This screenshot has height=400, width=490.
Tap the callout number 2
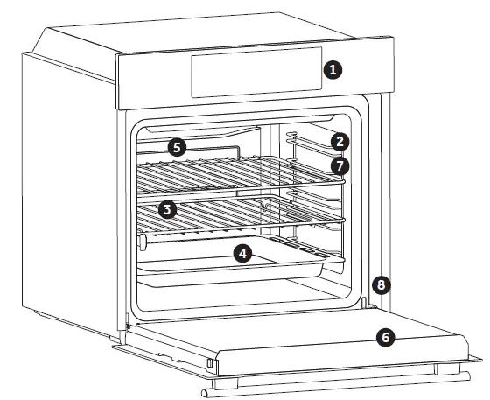341,141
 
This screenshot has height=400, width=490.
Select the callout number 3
168,209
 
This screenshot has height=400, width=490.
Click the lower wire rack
236,215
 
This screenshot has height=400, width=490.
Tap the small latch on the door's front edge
210,361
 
